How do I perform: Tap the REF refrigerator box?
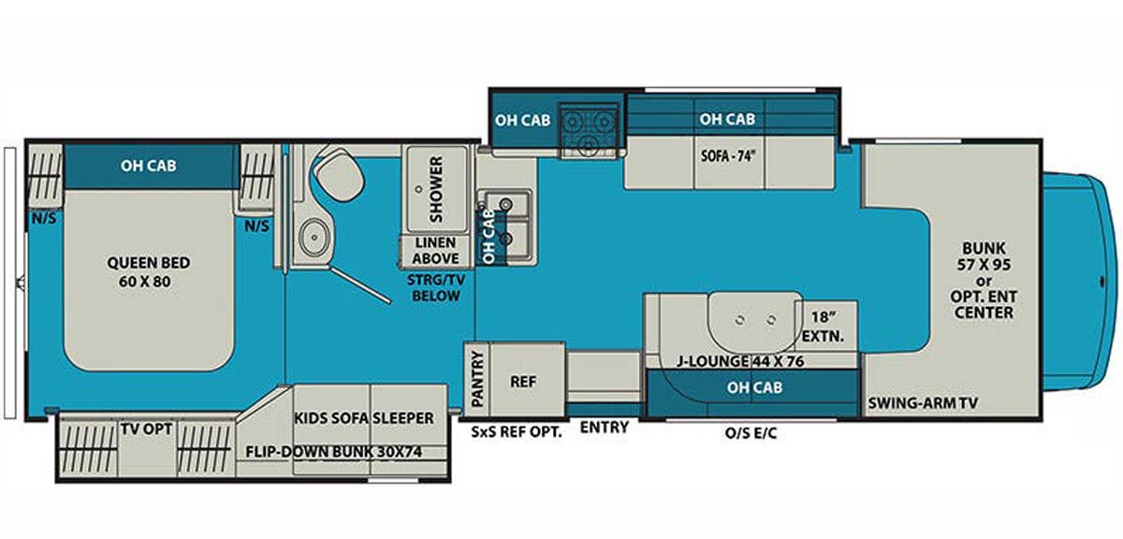pos(522,382)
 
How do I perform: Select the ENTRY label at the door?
pos(605,428)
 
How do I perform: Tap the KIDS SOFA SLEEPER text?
pos(364,417)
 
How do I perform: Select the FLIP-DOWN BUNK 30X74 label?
pos(347,451)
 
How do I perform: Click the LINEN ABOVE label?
pos(436,250)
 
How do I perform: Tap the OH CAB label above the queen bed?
pos(149,167)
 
